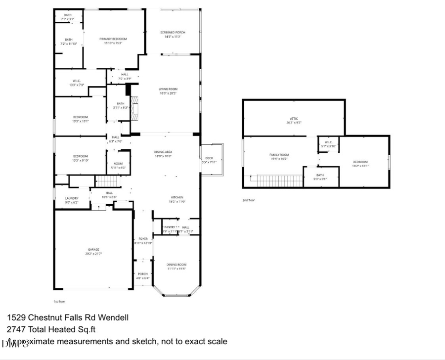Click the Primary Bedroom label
coord(113,39)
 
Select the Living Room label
coord(168,89)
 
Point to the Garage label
coord(93,250)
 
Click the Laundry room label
coord(72,198)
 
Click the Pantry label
coord(170,227)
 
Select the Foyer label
coord(143,239)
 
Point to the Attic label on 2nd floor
coord(294,119)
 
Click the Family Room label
coord(279,155)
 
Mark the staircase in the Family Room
coord(279,180)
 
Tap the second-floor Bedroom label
coord(360,162)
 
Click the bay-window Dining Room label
coord(176,265)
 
